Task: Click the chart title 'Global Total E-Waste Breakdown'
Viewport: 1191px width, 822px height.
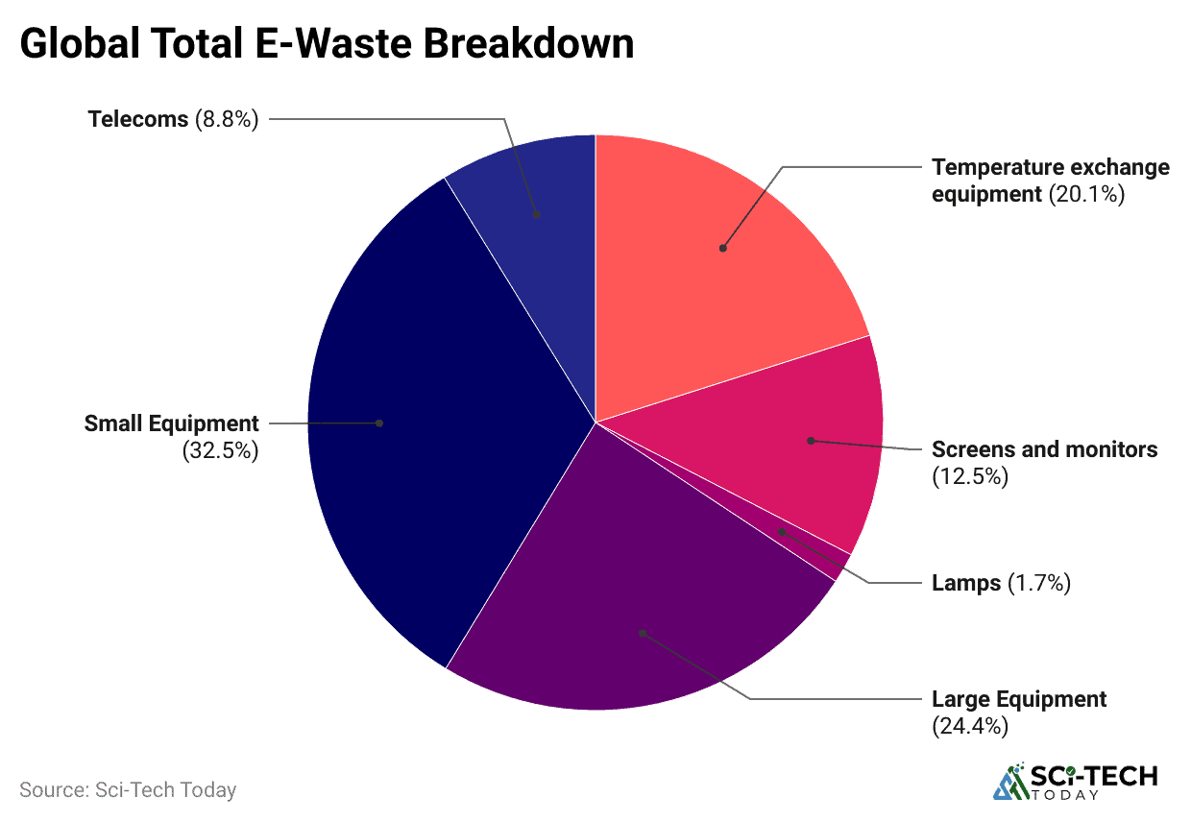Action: pos(327,43)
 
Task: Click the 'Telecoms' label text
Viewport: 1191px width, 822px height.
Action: pos(137,119)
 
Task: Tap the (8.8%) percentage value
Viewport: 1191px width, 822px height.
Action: pos(227,119)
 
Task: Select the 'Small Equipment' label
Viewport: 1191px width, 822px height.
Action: pos(172,423)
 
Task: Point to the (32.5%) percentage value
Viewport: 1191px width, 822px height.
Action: pos(221,450)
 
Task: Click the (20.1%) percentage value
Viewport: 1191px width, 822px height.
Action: pos(1086,194)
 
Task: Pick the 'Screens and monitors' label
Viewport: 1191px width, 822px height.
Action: pos(1045,449)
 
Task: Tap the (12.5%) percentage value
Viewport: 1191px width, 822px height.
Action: pos(970,475)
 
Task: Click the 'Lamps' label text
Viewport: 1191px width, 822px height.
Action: pos(966,583)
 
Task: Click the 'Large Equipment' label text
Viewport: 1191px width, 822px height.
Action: pos(1019,699)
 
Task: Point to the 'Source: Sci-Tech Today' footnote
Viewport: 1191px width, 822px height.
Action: pos(128,790)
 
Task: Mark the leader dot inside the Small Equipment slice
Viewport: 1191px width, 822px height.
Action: pos(379,423)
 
